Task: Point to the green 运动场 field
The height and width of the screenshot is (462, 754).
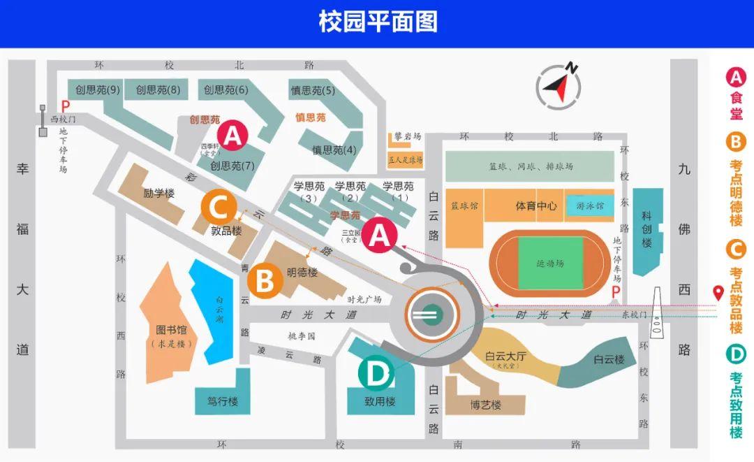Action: coord(551,264)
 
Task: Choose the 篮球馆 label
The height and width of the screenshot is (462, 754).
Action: coord(464,207)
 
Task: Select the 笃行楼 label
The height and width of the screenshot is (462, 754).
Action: coord(223,402)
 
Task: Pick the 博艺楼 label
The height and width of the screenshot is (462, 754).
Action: coord(485,405)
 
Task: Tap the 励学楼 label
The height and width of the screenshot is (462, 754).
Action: coord(158,193)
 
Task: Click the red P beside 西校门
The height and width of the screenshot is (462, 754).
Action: coord(66,107)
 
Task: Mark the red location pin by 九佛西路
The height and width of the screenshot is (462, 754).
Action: coord(717,293)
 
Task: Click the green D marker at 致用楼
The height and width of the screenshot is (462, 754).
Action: coord(377,375)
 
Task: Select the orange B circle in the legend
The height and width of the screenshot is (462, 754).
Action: coord(736,143)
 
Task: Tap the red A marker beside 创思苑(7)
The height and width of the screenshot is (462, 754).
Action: coord(232,135)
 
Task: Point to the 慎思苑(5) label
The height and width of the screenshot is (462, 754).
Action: coord(312,90)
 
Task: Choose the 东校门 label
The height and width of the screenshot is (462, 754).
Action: coord(635,315)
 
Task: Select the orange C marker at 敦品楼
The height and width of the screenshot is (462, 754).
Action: coord(219,208)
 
